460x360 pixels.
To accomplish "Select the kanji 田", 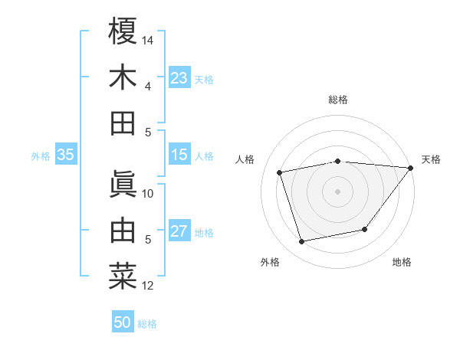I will click(123, 123).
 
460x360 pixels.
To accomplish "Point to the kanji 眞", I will click(123, 183).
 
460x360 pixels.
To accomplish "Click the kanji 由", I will click(123, 230).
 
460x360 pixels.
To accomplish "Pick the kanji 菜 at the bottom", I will click(123, 276).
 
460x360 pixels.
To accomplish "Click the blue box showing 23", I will click(179, 78).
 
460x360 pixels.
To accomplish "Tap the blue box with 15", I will click(179, 155).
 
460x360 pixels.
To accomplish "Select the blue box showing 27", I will click(179, 232).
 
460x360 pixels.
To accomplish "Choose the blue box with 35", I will click(65, 155).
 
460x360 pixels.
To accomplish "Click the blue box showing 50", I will click(123, 322).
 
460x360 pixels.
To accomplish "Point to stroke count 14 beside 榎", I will click(148, 39).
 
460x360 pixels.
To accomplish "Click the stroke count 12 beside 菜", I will click(148, 286).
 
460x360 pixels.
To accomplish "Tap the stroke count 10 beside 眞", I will click(148, 193).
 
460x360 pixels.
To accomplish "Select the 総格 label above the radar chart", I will click(337, 100).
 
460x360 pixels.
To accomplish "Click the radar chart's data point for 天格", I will click(410, 168).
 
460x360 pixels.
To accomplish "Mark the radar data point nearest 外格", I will click(302, 242).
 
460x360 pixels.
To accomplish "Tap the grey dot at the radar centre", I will click(337, 191).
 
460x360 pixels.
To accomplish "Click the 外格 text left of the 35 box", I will click(41, 156).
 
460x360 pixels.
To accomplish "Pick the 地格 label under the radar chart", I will click(402, 262).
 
